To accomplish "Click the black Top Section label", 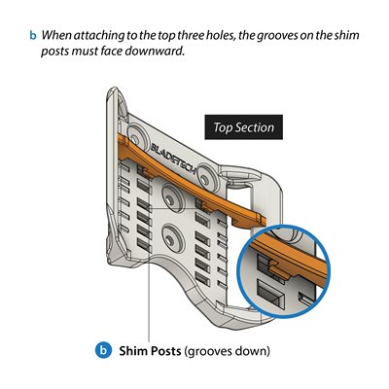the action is (x=243, y=127).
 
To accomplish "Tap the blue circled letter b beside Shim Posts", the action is (x=104, y=351).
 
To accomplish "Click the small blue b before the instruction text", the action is (x=33, y=35).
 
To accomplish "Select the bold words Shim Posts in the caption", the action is (x=150, y=351).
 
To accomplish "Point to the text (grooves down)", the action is (x=227, y=351).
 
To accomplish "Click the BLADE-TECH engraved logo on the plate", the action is (x=173, y=158).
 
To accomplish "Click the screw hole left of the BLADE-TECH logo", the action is (x=137, y=136).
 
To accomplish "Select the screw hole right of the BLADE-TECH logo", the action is (x=205, y=175).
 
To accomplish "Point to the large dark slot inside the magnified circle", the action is (x=271, y=293).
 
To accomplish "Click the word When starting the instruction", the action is (x=56, y=35).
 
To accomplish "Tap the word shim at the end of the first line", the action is (x=346, y=35).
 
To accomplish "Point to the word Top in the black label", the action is (x=223, y=127).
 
